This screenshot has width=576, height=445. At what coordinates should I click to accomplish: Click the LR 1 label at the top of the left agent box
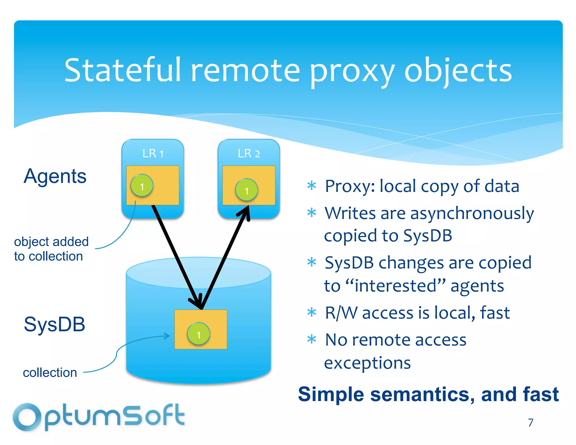153,154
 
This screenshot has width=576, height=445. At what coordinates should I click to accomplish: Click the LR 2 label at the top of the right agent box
249,154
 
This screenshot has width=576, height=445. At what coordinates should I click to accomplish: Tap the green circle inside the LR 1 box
142,186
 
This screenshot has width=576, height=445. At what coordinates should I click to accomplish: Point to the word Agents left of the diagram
55,176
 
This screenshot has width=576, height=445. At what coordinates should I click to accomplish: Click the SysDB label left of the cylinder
55,324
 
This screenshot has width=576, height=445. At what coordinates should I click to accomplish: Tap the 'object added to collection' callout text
51,249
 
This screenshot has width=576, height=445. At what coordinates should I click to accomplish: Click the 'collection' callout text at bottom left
50,373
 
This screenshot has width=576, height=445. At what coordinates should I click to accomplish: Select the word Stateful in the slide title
122,70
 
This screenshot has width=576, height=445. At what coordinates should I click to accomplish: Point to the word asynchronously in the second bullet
472,214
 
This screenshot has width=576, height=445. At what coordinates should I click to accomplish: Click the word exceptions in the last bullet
367,363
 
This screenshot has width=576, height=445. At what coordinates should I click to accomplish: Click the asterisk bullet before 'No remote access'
312,339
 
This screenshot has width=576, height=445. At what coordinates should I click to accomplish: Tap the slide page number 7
530,422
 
